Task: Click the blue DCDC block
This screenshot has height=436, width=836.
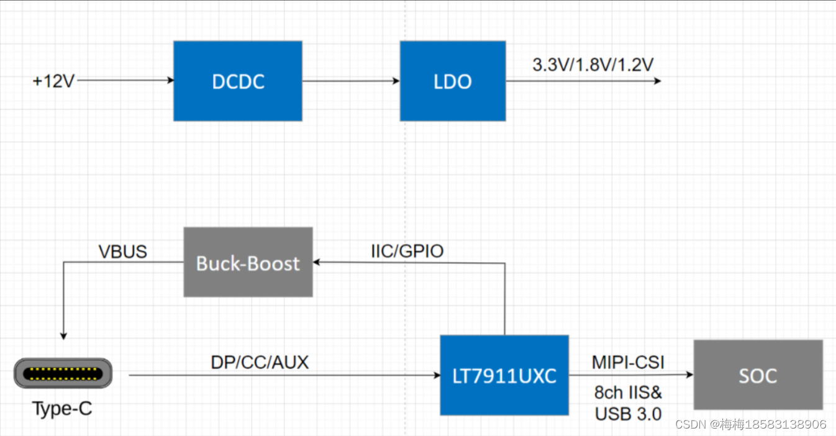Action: (237, 81)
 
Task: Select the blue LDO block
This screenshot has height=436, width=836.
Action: (452, 81)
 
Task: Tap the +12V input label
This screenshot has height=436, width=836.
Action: (53, 81)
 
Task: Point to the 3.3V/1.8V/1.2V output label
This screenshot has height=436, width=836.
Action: (593, 65)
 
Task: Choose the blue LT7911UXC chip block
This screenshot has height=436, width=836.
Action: (504, 375)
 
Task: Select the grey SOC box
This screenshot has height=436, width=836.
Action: (758, 375)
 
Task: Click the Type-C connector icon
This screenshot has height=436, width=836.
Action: (63, 375)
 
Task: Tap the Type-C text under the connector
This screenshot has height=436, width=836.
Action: (61, 409)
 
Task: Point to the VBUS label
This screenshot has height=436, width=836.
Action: (123, 252)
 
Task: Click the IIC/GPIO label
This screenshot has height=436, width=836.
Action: (407, 252)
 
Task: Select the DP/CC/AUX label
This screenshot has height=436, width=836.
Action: (260, 363)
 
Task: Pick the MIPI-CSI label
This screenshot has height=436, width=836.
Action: (628, 362)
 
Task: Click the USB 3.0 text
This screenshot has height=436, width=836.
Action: (628, 414)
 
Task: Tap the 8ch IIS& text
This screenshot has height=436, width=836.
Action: (628, 393)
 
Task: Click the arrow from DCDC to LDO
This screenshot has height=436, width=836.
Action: (350, 81)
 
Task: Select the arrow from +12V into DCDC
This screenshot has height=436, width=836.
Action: (124, 80)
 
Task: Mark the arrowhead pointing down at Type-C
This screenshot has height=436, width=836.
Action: (63, 335)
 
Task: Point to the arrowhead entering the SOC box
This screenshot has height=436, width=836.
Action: (689, 375)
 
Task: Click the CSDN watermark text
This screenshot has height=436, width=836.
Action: (750, 424)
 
